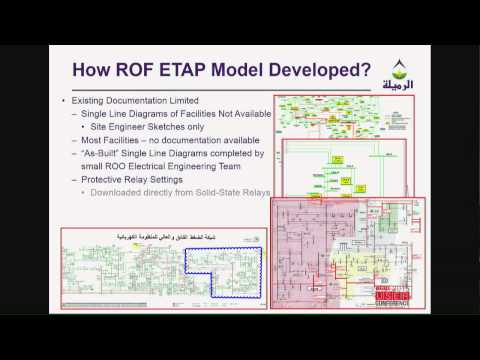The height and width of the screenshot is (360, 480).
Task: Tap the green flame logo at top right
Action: [418, 65]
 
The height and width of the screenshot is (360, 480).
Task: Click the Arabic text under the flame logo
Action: [418, 84]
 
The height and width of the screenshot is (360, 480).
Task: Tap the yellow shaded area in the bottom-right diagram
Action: [378, 262]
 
